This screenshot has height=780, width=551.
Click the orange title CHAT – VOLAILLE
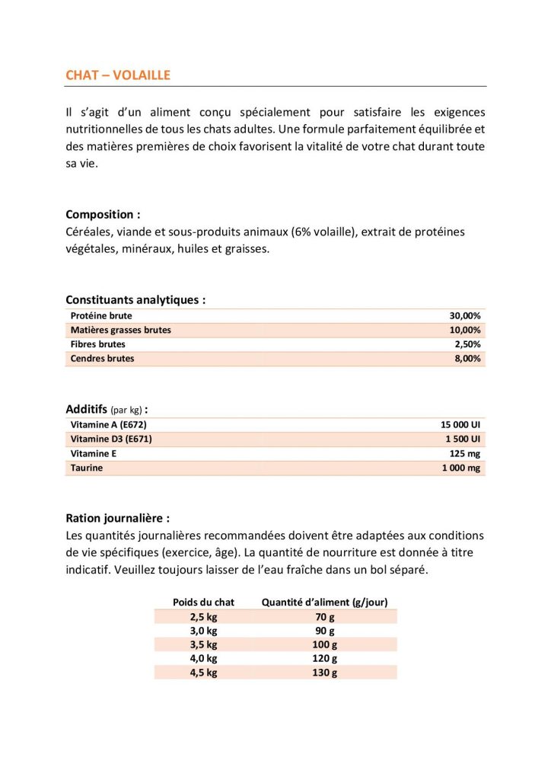click(x=118, y=75)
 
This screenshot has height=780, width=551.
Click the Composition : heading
click(x=103, y=215)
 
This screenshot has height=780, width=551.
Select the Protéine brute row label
click(x=101, y=315)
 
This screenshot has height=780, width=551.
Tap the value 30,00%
click(x=465, y=315)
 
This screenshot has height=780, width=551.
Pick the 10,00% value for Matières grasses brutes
click(x=465, y=330)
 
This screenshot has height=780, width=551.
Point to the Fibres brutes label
click(x=98, y=344)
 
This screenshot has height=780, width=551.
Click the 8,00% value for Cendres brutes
click(x=467, y=359)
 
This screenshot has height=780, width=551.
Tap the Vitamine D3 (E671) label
click(x=111, y=439)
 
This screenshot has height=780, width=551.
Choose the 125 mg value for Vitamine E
click(x=465, y=453)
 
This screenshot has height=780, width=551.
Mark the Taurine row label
click(x=87, y=468)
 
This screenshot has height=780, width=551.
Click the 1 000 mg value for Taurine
click(x=461, y=468)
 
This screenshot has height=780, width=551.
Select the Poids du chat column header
click(x=203, y=602)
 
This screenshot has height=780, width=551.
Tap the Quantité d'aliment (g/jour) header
click(x=325, y=602)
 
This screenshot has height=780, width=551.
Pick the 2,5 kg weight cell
click(x=203, y=616)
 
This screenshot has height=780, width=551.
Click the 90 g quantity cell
click(x=325, y=631)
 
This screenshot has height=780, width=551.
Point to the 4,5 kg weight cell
click(x=203, y=673)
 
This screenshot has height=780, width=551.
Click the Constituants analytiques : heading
click(x=135, y=300)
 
